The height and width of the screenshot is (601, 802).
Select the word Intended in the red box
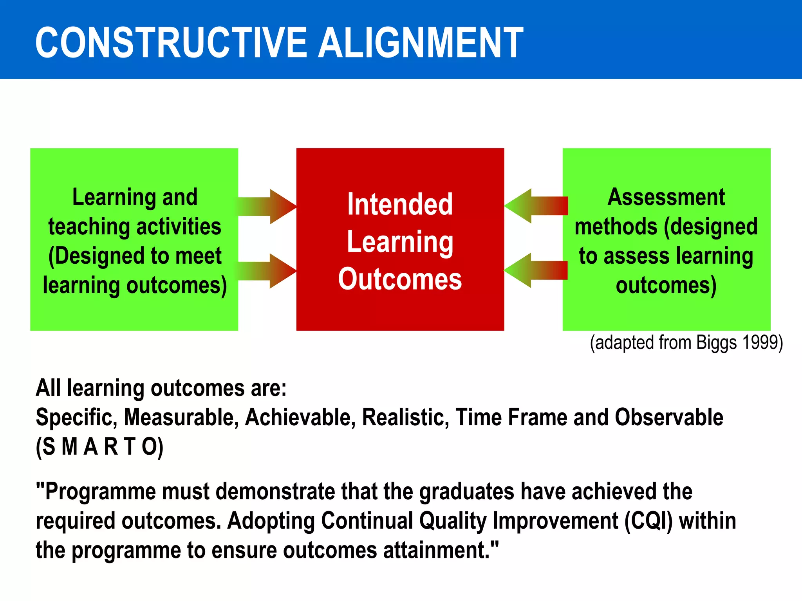(x=400, y=204)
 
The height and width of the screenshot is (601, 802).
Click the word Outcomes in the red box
(x=400, y=279)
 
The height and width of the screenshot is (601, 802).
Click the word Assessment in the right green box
(x=666, y=197)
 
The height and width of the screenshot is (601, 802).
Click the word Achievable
(x=300, y=417)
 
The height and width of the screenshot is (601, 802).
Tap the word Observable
(x=669, y=417)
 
